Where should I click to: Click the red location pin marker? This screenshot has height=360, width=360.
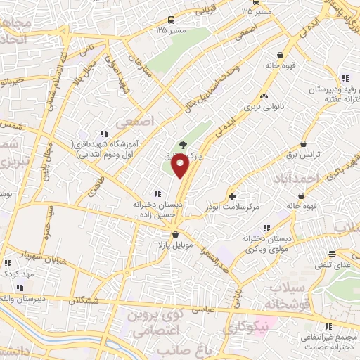(x=181, y=166)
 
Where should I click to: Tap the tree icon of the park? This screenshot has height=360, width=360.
(x=183, y=144)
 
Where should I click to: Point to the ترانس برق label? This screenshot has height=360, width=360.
(x=307, y=152)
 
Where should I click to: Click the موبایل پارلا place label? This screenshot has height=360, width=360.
(x=174, y=247)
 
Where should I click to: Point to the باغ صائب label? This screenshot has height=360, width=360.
(x=175, y=349)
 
